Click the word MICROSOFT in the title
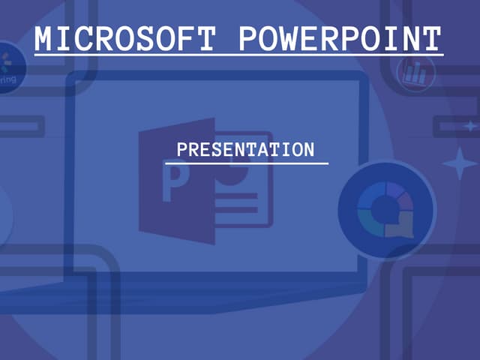point(124,38)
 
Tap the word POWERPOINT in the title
point(340,38)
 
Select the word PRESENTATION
point(246,149)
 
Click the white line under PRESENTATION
point(246,163)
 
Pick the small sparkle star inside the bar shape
point(469,125)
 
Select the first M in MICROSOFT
point(45,38)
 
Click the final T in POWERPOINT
point(432,38)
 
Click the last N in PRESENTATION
point(308,149)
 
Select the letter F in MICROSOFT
point(187,38)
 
